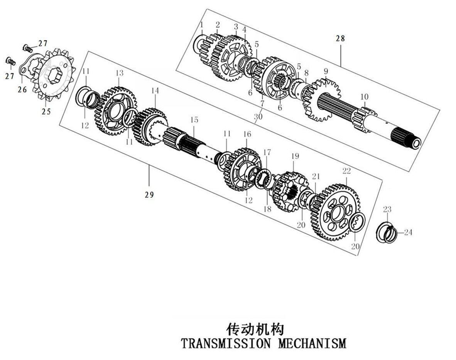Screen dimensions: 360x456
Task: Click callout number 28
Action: pos(340,38)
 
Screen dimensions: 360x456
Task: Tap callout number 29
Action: pos(149,195)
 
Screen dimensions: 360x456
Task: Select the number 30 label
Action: pos(257,116)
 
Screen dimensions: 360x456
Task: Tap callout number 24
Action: pos(408,232)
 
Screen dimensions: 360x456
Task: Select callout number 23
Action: pos(387,209)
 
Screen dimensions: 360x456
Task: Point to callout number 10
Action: pos(365,96)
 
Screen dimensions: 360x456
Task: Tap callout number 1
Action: pos(201,25)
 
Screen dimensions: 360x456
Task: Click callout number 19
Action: pos(295,156)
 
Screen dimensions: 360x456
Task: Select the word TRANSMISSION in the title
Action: pos(225,342)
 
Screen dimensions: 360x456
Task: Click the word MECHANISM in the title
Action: pos(312,342)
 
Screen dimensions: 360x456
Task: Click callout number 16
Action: pos(247,134)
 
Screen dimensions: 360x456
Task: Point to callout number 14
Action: pos(155,91)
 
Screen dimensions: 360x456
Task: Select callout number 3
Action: pos(236,27)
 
